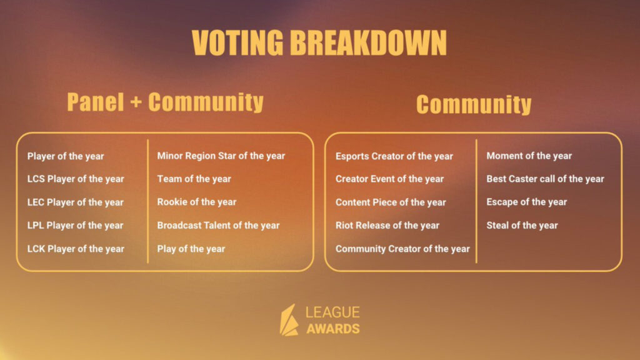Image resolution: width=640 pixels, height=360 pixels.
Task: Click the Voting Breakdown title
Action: click(x=319, y=43)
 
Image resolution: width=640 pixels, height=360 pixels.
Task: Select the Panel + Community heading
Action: click(x=165, y=102)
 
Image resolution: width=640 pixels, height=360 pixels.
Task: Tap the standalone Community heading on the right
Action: click(x=474, y=104)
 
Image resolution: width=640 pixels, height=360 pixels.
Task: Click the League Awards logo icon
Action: click(x=289, y=320)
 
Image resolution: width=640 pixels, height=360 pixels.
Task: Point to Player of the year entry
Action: click(x=66, y=156)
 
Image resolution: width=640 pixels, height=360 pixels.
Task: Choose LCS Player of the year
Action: click(x=76, y=179)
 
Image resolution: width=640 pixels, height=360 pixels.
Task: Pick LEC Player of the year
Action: click(x=76, y=202)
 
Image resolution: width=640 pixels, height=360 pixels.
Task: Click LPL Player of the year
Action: click(x=76, y=226)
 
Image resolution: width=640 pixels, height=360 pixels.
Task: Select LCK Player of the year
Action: click(x=76, y=249)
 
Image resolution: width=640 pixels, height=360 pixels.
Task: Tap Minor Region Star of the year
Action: click(x=221, y=156)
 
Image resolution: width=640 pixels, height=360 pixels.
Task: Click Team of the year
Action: click(x=194, y=179)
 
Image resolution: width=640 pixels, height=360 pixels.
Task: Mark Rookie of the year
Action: click(x=197, y=202)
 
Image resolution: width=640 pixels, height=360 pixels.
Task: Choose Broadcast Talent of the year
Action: click(x=218, y=226)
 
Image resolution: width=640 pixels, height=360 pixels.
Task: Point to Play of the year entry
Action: click(x=191, y=249)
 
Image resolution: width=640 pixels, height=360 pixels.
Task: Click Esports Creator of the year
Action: click(x=394, y=156)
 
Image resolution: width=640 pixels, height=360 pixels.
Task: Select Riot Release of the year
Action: click(x=387, y=226)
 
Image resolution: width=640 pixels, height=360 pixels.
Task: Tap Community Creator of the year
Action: click(x=402, y=249)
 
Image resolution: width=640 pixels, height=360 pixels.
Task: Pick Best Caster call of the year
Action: click(x=545, y=179)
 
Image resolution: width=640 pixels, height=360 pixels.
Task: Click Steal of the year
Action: click(x=522, y=226)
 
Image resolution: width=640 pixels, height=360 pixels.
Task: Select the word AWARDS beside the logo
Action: click(x=332, y=329)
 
